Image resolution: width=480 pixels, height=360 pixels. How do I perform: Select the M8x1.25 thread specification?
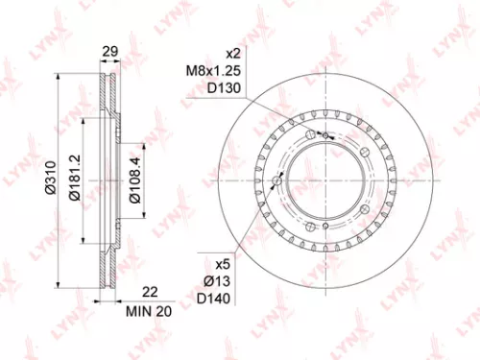[221, 70]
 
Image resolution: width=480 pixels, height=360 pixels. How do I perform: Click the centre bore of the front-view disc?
[328, 181]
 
